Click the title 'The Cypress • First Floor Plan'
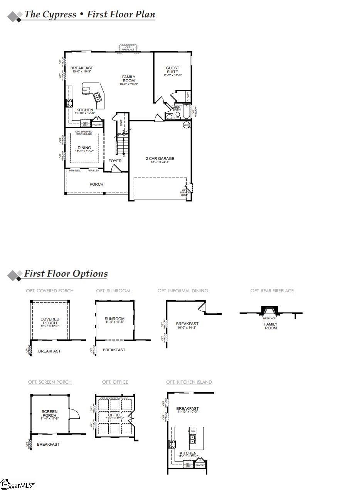pos(89,15)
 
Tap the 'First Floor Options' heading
pos(66,274)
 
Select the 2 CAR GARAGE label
pos(160,159)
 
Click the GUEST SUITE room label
pos(172,70)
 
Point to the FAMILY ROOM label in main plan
pos(129,79)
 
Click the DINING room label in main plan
pos(84,148)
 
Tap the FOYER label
pos(115,161)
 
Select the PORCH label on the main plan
pos(96,184)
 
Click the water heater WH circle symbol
pos(186,125)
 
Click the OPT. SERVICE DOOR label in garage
pos(185,193)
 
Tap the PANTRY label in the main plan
pos(97,125)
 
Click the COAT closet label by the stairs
pos(121,123)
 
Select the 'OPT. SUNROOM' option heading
pos(113,291)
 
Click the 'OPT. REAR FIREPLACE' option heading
pos(272,291)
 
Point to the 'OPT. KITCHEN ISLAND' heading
pos(189,382)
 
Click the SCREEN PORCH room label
pos(49,414)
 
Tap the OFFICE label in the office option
pos(115,415)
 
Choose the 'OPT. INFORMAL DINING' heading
pos(183,291)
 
